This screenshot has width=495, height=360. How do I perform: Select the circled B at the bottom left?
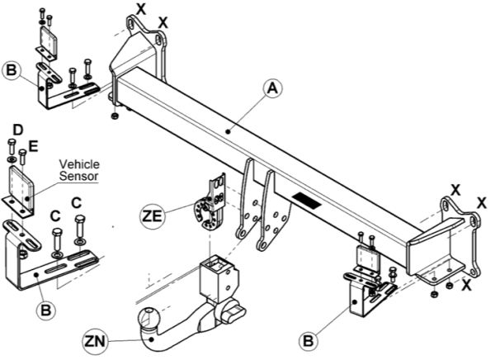click(46, 310)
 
